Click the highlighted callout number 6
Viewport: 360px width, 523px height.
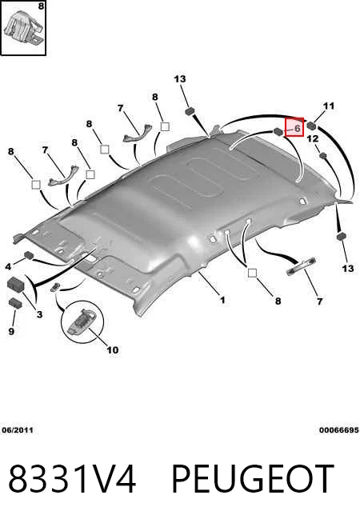coord(298,128)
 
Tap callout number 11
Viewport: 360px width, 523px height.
coord(329,106)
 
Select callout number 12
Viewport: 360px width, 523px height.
coord(313,138)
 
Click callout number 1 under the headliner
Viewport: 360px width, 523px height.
coord(222,300)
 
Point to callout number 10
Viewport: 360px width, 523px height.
coord(113,350)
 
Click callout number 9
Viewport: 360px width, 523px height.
coord(11,331)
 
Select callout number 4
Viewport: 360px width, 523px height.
coord(8,266)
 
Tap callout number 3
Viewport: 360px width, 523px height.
coord(39,314)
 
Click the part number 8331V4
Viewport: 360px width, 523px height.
coord(72,479)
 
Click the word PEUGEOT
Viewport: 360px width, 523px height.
coord(253,479)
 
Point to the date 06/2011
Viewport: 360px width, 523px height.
coord(18,430)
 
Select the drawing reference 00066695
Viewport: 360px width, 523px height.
coord(339,430)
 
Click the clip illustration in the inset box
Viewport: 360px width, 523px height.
coord(24,26)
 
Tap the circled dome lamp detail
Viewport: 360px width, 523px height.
coord(82,321)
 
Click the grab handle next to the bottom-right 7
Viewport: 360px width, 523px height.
coord(302,266)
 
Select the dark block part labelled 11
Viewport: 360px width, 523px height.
coord(312,125)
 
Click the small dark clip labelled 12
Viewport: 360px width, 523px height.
coord(322,155)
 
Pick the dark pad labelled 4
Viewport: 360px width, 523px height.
coord(30,255)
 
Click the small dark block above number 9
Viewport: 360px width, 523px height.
coord(15,302)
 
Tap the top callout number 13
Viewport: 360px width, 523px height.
coord(180,79)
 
